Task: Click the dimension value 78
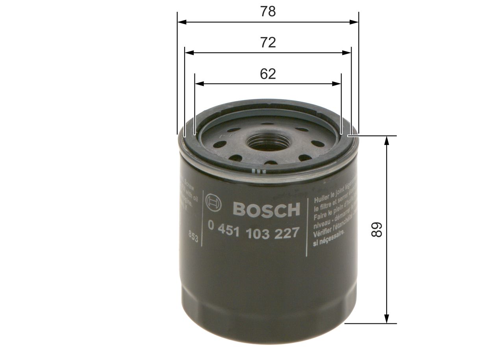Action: click(x=268, y=12)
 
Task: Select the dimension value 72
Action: click(x=268, y=42)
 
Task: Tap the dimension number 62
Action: click(x=268, y=74)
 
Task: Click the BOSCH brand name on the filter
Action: click(x=266, y=210)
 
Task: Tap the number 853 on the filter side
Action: click(x=193, y=237)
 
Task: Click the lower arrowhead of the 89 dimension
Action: click(x=387, y=319)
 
